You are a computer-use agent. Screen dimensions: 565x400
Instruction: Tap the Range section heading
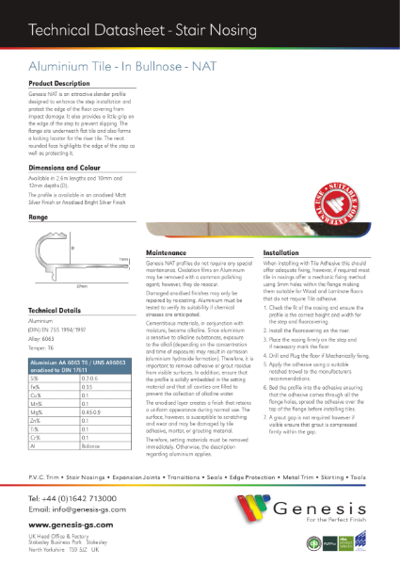39,217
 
